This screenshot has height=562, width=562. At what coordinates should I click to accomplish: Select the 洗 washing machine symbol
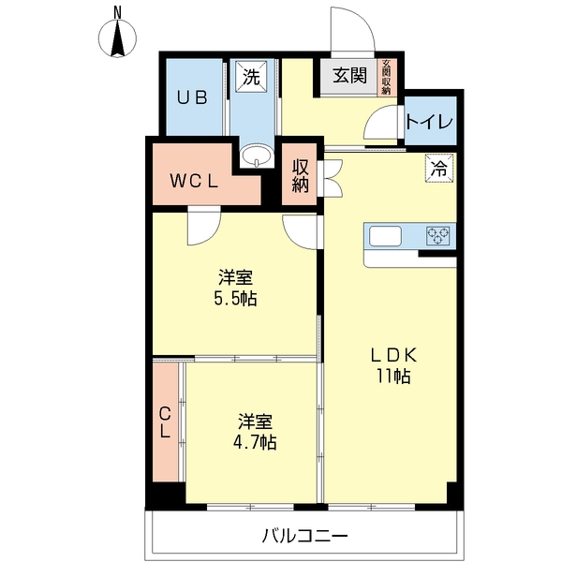tap(250, 77)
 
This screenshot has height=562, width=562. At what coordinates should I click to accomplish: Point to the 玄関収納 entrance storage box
tap(385, 77)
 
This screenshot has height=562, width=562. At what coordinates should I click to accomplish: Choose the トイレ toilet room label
tap(431, 124)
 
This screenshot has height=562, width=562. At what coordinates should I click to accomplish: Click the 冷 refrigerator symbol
tap(437, 169)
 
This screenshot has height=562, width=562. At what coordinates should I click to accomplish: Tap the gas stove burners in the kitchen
tap(438, 236)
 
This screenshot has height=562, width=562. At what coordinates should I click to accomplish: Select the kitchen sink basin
tap(386, 236)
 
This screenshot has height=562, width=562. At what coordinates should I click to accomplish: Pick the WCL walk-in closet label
tap(195, 183)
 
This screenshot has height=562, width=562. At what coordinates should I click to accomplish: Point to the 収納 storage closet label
tap(300, 175)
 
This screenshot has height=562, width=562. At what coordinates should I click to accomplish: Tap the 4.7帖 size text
tap(256, 442)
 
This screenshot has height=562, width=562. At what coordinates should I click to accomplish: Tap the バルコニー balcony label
tap(304, 537)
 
